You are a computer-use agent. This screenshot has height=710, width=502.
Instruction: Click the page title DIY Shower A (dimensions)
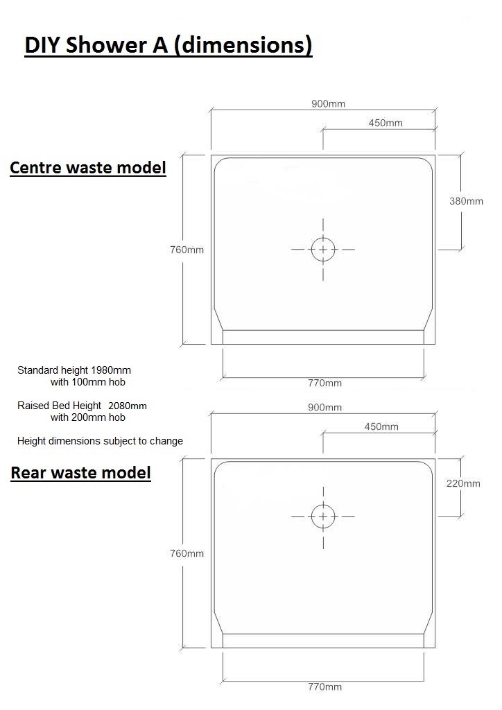point(168,46)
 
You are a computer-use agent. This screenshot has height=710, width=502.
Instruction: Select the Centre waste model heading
point(88,168)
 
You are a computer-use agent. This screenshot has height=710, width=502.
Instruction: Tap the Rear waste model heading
point(80,473)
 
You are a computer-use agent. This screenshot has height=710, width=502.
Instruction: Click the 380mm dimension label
point(466,201)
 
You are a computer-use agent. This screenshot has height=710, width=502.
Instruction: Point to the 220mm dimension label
point(463,483)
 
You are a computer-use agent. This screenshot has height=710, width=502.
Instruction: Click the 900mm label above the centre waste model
point(328,104)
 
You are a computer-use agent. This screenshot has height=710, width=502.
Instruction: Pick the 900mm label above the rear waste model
point(325,408)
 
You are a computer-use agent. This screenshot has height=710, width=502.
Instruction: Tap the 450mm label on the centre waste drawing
point(386,123)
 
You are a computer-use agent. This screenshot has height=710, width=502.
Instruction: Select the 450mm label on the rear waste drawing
point(381,426)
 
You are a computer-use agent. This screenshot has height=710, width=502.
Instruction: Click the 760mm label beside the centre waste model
point(187,250)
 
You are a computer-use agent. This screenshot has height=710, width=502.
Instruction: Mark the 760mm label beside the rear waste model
point(187,553)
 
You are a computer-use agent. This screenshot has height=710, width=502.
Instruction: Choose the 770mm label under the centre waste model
point(325,383)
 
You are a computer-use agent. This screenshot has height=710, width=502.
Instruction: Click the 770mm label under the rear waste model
point(325,687)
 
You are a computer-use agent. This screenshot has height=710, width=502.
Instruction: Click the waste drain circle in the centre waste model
point(323,238)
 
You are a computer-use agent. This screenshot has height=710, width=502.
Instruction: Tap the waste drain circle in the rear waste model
point(323,505)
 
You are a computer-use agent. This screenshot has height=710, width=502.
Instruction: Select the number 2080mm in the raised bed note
point(128,406)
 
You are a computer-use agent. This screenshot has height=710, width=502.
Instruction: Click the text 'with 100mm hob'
point(88,382)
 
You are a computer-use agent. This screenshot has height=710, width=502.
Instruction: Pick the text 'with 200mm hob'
point(88,417)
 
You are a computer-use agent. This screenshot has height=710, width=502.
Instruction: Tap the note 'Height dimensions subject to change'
point(100,441)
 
